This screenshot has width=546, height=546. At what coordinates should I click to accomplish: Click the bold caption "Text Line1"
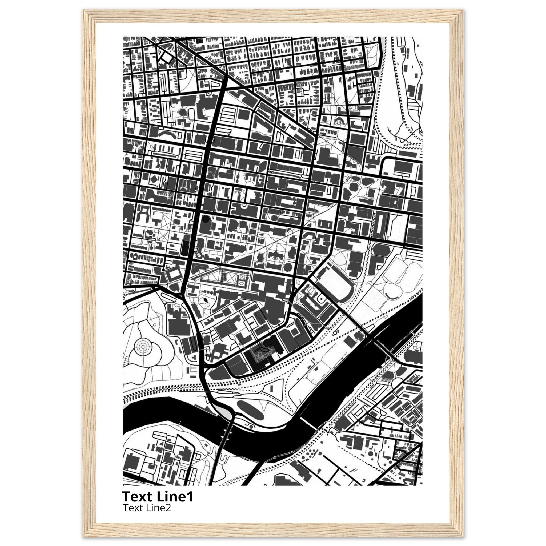[157, 496]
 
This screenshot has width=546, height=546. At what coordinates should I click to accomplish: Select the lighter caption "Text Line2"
[147, 508]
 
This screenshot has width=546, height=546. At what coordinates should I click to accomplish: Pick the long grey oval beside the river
[250, 410]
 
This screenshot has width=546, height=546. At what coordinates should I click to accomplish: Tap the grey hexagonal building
[380, 250]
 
